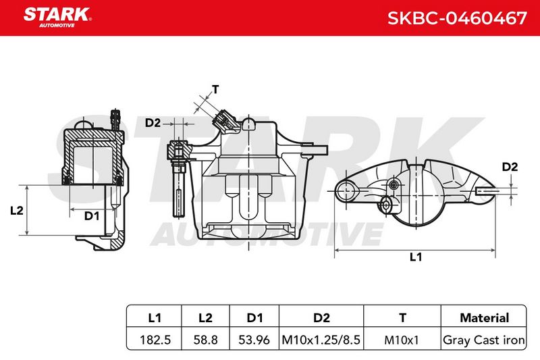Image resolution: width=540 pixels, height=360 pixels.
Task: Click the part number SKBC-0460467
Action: (458, 18)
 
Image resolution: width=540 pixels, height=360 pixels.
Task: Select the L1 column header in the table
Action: (155, 317)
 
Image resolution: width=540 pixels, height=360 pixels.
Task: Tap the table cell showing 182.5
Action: (155, 340)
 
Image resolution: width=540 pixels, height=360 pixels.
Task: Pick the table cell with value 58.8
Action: (205, 340)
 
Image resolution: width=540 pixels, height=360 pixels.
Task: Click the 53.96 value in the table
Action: (254, 340)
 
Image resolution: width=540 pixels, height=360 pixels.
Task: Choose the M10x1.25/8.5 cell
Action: (321, 340)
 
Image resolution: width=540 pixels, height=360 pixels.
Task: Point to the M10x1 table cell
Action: (402, 340)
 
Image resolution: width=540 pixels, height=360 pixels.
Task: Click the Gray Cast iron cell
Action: (484, 340)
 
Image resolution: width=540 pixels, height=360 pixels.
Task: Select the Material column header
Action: (484, 317)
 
